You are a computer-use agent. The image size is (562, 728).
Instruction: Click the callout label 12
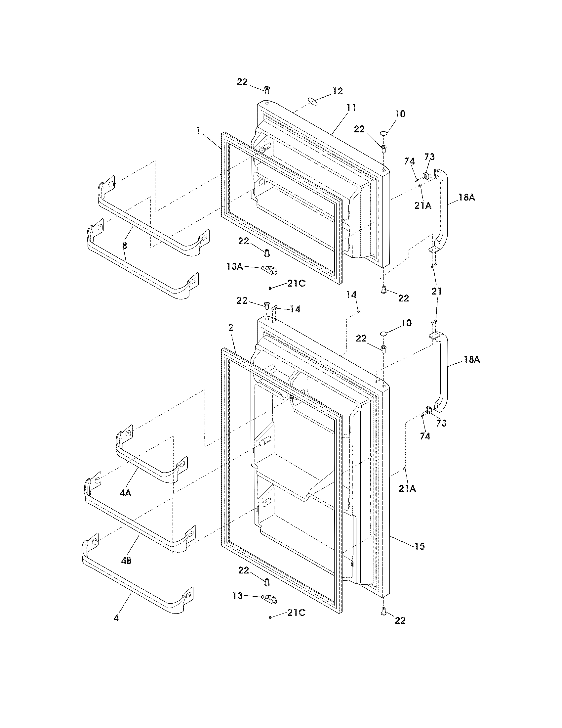click(338, 91)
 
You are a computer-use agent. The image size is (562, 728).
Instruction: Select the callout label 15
click(420, 546)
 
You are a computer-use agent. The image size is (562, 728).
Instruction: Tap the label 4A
click(126, 493)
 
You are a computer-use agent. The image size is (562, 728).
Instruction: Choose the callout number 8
click(125, 246)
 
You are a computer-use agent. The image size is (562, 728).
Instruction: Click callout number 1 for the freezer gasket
click(198, 131)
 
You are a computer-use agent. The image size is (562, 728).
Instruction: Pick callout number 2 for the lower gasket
click(231, 328)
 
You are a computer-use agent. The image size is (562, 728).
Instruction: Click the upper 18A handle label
click(466, 197)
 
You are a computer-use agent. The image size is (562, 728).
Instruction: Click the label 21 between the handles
click(436, 291)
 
